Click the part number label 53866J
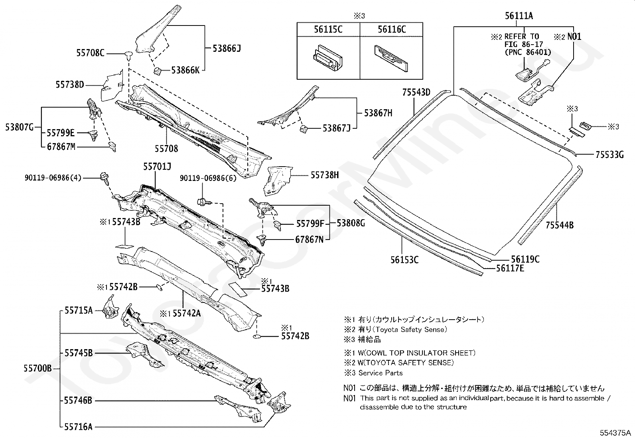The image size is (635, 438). coord(227,49)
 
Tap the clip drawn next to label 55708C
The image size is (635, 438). coord(129,56)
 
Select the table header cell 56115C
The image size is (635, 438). coord(328,29)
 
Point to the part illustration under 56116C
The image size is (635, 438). coord(391,58)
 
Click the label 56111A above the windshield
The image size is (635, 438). coord(519,16)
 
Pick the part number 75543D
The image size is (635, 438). coord(416,92)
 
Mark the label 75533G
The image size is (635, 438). coord(609,155)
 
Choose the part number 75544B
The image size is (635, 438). coord(560,225)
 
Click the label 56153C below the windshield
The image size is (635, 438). coord(404,260)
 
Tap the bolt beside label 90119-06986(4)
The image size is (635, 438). coord(105,178)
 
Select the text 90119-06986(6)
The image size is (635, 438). coord(208,178)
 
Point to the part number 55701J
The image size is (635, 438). coord(157,167)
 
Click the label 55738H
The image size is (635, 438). coord(325,175)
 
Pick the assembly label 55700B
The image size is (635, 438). coord(37,368)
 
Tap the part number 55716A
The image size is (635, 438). coord(78,427)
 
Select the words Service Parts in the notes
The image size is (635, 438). coord(381,373)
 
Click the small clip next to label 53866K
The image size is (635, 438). coord(157,71)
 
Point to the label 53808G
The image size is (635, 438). coord(351,223)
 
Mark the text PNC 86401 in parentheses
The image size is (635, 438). coord(528,52)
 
